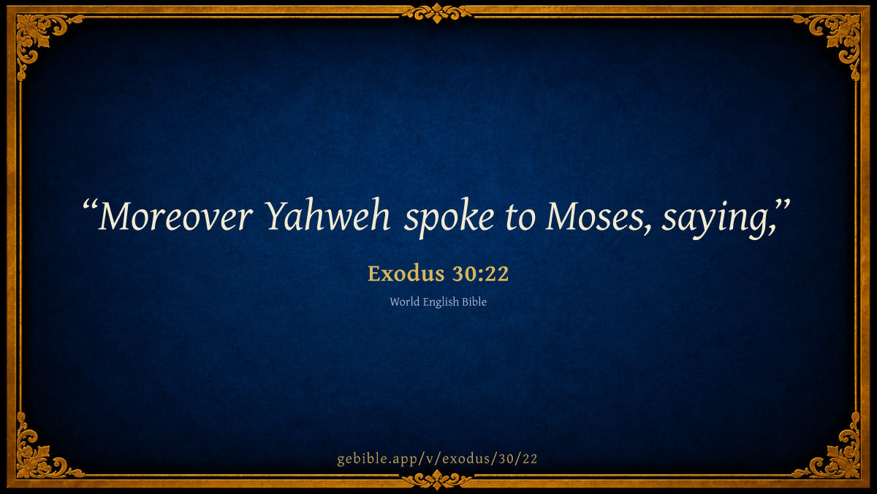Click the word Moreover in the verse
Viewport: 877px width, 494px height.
pos(175,216)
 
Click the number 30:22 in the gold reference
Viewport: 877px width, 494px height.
pos(480,273)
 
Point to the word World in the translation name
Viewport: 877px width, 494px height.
pos(404,302)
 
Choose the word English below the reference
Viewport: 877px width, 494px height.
pos(441,302)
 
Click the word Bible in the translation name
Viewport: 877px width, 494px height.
pos(474,302)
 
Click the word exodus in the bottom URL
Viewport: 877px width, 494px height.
pos(466,459)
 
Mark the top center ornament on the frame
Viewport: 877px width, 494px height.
pos(437,13)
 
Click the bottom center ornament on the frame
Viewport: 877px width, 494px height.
pos(437,480)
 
